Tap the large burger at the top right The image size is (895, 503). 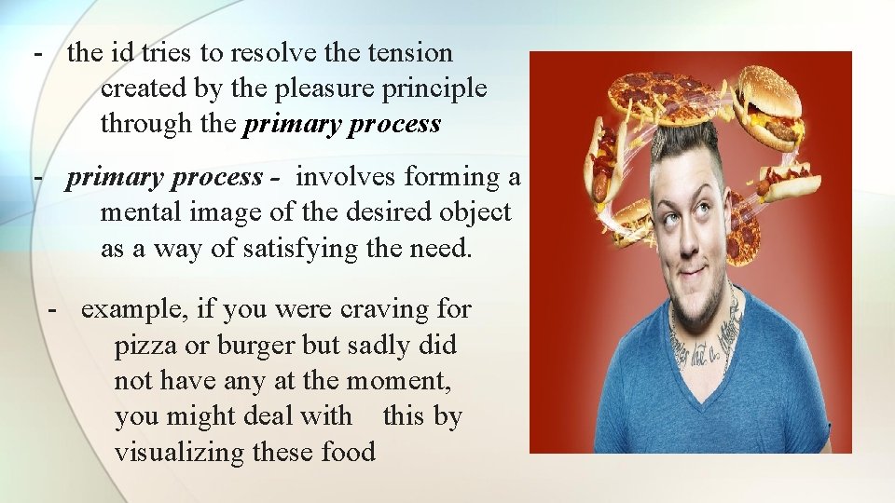(770, 104)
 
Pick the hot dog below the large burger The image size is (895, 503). (788, 179)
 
